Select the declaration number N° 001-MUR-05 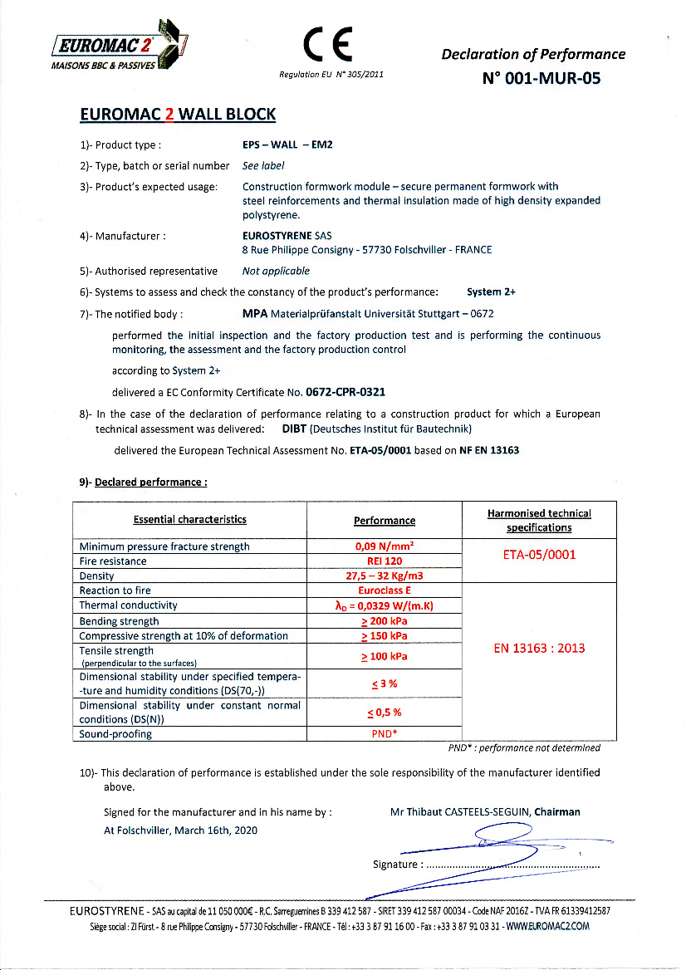click(540, 79)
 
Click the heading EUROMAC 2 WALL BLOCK click(178, 115)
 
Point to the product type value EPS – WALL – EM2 click(287, 145)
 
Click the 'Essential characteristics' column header click(190, 520)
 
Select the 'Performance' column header click(385, 521)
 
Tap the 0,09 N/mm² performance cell click(385, 546)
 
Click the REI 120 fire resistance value click(385, 561)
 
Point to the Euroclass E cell click(385, 590)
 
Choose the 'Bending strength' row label click(119, 621)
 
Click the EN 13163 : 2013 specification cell click(539, 648)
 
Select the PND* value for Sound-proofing click(385, 734)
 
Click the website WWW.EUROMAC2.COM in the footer click(547, 926)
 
